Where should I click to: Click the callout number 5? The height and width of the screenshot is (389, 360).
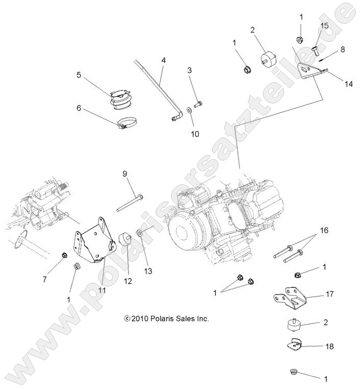[x=79, y=75]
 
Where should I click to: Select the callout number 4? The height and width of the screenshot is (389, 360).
[x=163, y=60]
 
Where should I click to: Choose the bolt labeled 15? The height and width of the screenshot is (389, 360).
[x=316, y=50]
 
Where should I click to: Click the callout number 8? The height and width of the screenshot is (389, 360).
[x=342, y=50]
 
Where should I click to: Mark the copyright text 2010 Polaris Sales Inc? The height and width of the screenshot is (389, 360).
[x=166, y=318]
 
